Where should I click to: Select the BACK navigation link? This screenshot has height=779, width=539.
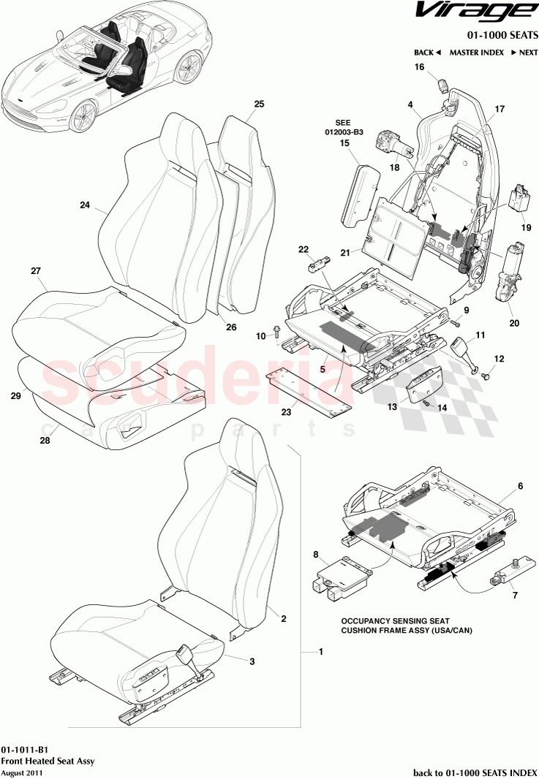click(x=427, y=53)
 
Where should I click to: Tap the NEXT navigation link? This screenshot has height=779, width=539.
click(x=523, y=53)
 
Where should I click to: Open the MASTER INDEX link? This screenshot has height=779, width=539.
click(x=476, y=53)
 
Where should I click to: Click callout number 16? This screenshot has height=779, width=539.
click(x=420, y=67)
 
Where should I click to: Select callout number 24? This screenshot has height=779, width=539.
click(x=84, y=206)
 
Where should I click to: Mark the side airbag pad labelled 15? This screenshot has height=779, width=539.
click(x=357, y=191)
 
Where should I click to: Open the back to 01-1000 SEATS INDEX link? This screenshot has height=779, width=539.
click(x=475, y=772)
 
